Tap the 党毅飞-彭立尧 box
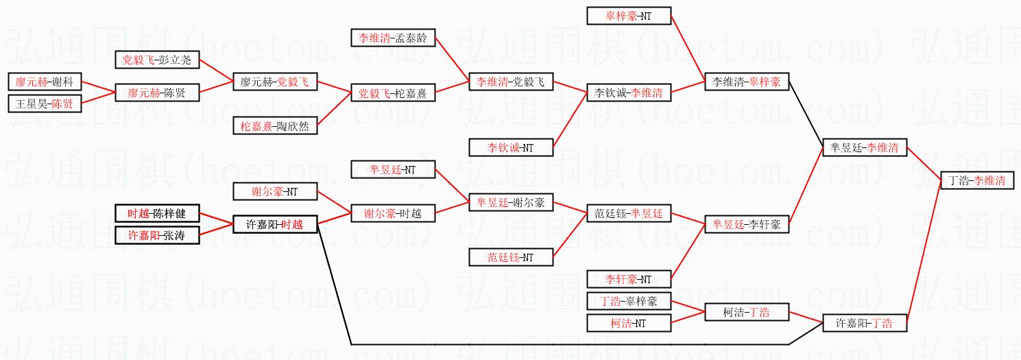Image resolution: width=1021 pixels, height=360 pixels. [x=157, y=60]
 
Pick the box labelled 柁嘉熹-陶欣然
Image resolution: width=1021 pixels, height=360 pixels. [x=275, y=125]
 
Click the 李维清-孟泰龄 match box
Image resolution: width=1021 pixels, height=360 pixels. [x=393, y=38]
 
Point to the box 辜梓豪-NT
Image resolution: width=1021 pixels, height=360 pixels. [x=629, y=16]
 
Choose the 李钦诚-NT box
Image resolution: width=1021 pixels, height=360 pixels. [x=511, y=147]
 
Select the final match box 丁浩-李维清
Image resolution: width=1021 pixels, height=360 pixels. [x=977, y=180]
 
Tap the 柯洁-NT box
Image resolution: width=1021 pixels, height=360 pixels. [x=629, y=323]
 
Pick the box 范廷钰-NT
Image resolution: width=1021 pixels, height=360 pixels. [x=511, y=257]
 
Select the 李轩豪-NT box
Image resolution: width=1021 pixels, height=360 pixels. [x=629, y=279]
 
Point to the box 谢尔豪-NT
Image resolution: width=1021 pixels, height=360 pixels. [x=275, y=191]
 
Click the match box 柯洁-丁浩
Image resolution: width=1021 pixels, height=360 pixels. [x=747, y=312]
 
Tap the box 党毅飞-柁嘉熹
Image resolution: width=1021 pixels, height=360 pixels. [x=393, y=93]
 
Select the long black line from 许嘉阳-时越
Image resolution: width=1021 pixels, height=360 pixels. [x=549, y=344]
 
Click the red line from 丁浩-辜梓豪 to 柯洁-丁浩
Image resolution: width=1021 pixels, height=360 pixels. [x=688, y=307]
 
